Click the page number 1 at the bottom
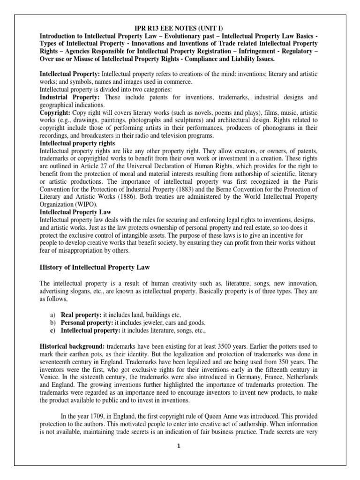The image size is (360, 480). point(179,447)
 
